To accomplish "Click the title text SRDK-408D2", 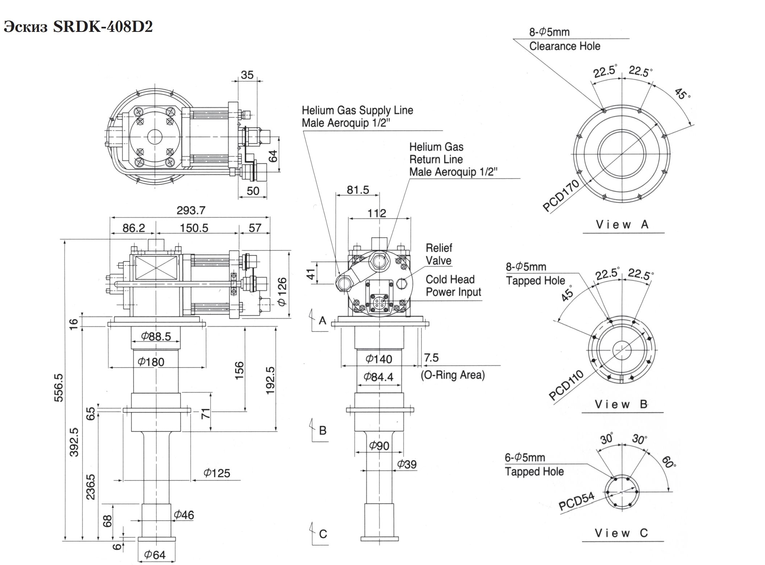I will coord(103,27).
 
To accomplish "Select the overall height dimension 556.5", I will coord(59,387).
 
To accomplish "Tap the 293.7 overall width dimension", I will coord(191,210).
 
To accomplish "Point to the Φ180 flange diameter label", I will coord(151,362).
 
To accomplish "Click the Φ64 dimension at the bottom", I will coord(155,554).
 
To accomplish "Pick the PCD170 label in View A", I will coord(561,196).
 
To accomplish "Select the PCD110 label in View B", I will coord(566,385).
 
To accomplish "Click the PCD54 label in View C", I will coord(576,501).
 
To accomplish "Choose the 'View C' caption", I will coord(621,533).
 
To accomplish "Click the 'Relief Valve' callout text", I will coord(438,254).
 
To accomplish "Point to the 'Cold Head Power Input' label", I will coord(453,286).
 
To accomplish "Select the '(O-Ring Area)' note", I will coord(453,375).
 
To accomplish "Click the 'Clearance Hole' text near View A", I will coord(564,46).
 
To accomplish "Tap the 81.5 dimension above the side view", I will coord(358,190).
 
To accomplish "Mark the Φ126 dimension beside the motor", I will coord(282,291).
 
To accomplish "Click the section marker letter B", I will coord(323,431).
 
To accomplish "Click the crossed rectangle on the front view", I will coord(156,268).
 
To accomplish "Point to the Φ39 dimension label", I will coord(407,464).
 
